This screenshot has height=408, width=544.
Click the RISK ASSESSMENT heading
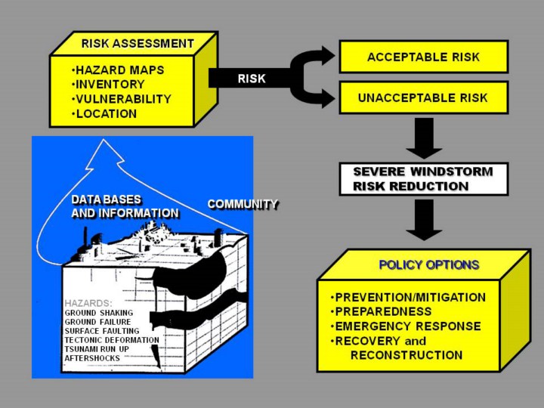point(138,43)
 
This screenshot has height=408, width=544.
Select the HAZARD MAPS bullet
point(120,70)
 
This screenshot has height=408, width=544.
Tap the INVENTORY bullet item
point(111,85)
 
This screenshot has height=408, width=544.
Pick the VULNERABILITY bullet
point(124,99)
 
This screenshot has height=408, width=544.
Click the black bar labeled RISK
point(251,78)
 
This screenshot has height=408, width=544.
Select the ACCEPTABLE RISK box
point(423,57)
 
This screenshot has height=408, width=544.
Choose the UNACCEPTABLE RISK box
point(423,97)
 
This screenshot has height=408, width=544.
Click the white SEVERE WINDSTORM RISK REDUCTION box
point(423,179)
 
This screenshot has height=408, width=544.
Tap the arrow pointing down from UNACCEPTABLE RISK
point(424,136)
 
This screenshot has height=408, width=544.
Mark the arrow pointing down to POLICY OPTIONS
point(424,219)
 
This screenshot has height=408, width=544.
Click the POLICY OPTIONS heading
point(428,265)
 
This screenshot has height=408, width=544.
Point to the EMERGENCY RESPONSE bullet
point(408,326)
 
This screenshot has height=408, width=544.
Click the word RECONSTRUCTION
point(406,355)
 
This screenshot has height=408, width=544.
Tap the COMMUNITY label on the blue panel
point(243,204)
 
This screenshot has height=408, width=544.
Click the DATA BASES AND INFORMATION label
point(125,206)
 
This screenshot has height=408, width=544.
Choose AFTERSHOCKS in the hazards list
point(91,359)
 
